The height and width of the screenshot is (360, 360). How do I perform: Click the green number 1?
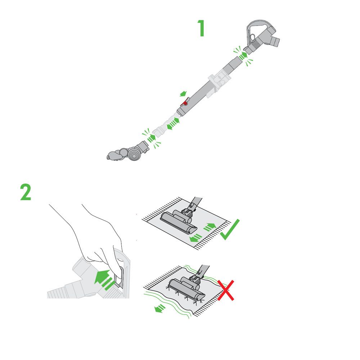(201, 28)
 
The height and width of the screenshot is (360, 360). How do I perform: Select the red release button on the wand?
(185, 103)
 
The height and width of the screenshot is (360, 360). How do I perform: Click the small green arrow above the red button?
(184, 94)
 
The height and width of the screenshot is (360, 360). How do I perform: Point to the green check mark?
(230, 230)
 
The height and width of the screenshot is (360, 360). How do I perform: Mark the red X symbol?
(226, 291)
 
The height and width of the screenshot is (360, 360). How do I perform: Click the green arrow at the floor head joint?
(152, 138)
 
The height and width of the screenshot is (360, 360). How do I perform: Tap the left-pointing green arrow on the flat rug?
(196, 237)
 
